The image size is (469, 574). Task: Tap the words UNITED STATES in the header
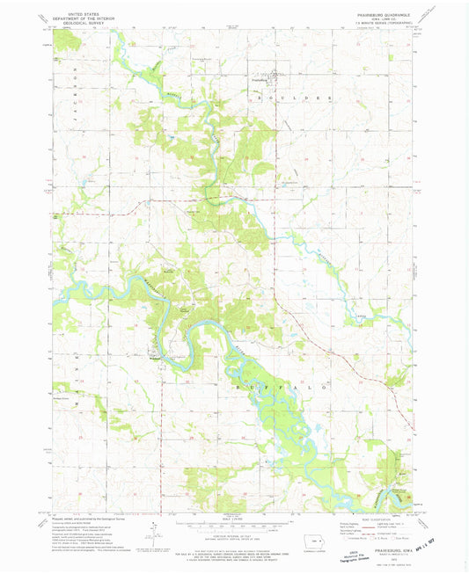pos(77,14)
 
